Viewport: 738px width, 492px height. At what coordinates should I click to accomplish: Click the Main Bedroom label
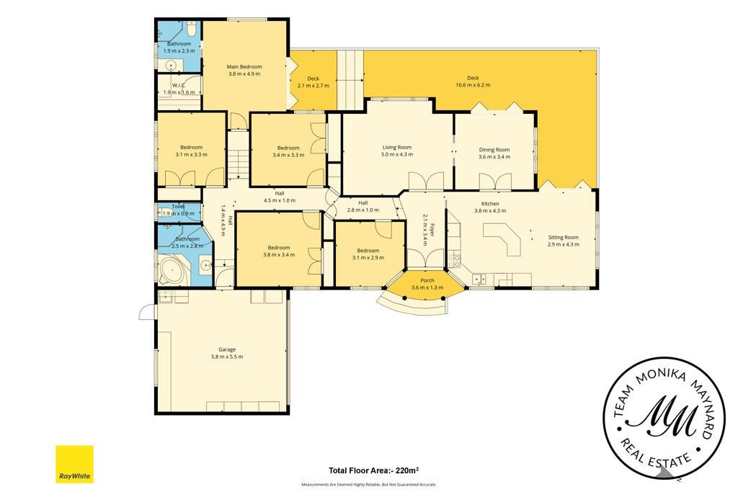tap(244, 67)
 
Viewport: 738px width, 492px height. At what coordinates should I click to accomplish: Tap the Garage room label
tap(227, 349)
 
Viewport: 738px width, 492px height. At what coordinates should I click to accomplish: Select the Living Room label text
tap(397, 147)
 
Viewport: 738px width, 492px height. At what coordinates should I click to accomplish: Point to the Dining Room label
tap(494, 150)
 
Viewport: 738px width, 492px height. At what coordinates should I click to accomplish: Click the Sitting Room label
tap(563, 237)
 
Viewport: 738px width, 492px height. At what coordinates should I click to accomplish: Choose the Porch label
tap(427, 280)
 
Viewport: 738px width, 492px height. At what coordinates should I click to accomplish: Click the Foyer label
tap(432, 231)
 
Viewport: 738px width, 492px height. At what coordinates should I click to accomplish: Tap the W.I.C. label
tap(179, 85)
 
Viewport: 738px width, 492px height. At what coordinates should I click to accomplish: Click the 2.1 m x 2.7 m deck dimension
tap(314, 86)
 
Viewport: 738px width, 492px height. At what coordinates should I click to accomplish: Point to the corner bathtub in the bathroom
tap(172, 271)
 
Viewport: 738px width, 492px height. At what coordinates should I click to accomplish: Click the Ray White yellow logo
tap(74, 464)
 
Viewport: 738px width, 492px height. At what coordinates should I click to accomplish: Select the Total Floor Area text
tap(374, 470)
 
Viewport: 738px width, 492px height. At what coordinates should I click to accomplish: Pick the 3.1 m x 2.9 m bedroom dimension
tap(368, 257)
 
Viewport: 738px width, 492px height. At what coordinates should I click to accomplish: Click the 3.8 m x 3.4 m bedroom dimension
tap(279, 254)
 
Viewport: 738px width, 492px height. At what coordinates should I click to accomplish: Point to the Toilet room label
tap(179, 206)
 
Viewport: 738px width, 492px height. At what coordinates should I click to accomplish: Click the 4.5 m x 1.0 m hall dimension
tap(280, 200)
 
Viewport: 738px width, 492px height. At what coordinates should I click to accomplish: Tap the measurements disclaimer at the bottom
tap(369, 484)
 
